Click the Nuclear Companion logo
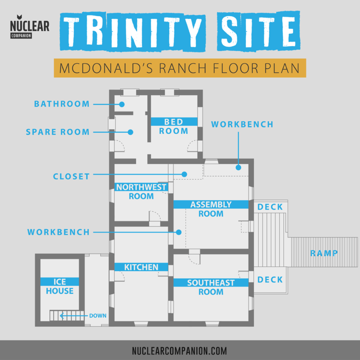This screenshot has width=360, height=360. [30, 29]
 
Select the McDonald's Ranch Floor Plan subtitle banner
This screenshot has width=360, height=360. [180, 68]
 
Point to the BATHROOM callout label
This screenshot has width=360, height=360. [61, 104]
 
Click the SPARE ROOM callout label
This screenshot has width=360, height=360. [58, 132]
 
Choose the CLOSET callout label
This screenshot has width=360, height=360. [71, 177]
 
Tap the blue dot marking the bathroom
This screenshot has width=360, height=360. [121, 104]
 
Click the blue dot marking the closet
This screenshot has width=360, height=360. [185, 174]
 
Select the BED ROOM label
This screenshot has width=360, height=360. [173, 126]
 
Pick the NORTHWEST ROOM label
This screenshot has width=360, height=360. [141, 192]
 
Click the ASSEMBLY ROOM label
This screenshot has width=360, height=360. [210, 209]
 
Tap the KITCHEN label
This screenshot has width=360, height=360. [141, 267]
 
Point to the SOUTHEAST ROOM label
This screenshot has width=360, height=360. [210, 287]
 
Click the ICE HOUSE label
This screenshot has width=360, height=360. [60, 286]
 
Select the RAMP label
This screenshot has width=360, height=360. [323, 254]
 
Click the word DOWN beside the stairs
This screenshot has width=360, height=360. [98, 316]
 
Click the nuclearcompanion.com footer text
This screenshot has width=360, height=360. [180, 350]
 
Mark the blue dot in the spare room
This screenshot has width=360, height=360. [131, 132]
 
